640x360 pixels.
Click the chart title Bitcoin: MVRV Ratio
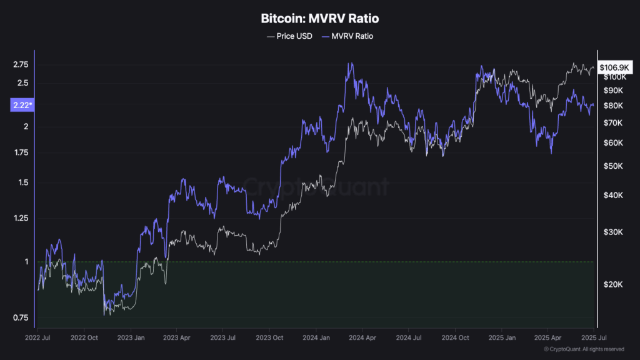(319, 19)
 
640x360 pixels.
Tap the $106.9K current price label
(615, 67)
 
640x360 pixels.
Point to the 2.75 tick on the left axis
(21, 64)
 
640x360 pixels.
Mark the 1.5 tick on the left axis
(24, 182)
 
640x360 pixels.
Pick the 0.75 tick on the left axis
(21, 317)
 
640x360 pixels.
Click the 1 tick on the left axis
(27, 261)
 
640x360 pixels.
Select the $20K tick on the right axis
(614, 284)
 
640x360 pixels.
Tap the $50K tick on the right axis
(614, 166)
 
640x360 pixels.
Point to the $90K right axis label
(614, 91)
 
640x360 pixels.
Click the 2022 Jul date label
(37, 337)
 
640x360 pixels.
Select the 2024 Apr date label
(361, 337)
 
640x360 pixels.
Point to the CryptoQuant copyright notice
(584, 349)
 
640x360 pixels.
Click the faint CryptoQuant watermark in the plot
(316, 186)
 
